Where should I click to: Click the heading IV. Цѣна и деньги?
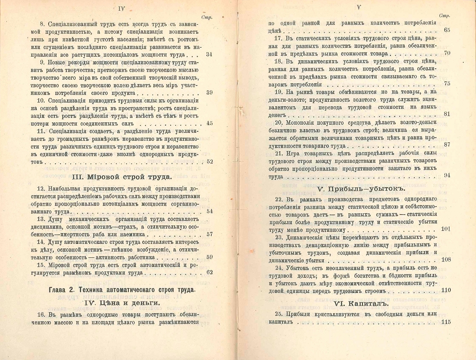(x=122, y=303)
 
